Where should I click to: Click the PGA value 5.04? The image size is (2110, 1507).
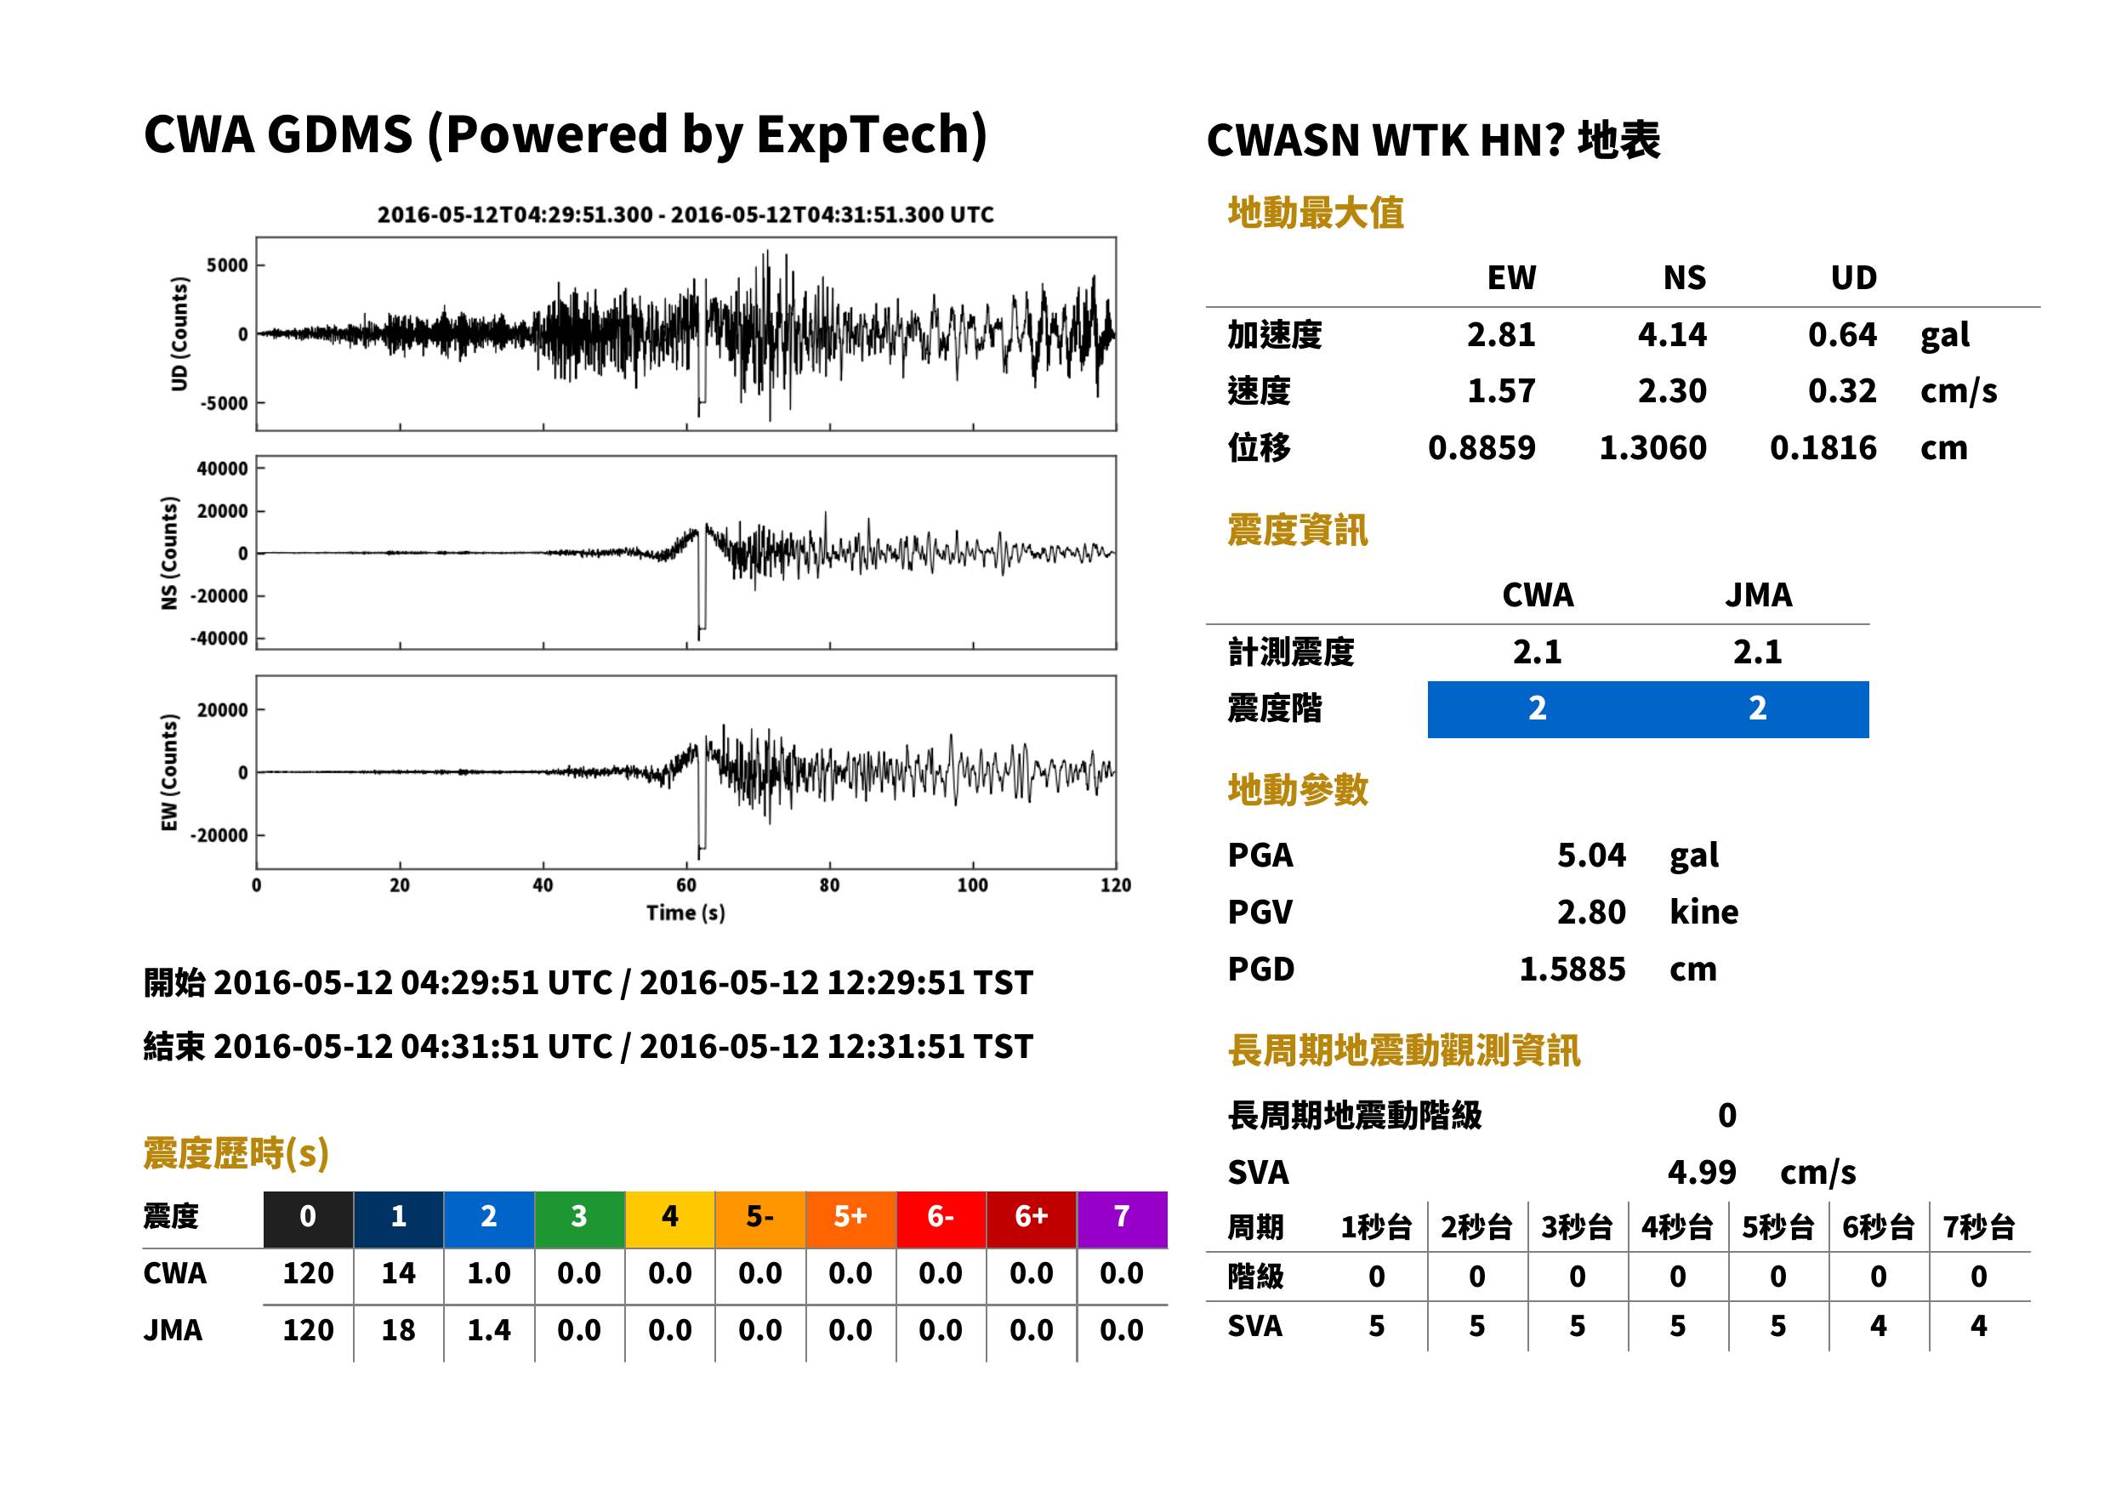click(x=1590, y=855)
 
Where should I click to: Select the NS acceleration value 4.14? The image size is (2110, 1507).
click(x=1671, y=334)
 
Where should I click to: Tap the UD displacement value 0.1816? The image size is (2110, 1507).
click(x=1823, y=447)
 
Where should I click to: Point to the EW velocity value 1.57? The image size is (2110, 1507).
click(x=1500, y=390)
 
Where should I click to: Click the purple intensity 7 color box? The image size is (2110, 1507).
click(x=1122, y=1219)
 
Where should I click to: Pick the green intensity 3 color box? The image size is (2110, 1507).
click(x=579, y=1219)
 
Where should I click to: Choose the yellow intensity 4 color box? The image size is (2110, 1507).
click(x=670, y=1219)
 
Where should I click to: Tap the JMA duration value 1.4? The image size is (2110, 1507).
click(x=489, y=1330)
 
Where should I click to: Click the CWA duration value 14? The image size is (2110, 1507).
click(x=398, y=1273)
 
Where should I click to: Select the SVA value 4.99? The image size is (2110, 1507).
click(x=1701, y=1172)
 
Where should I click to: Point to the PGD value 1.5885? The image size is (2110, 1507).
click(x=1572, y=969)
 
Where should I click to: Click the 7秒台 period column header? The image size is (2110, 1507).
click(x=1978, y=1226)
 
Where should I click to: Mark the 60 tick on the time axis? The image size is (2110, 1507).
click(x=685, y=884)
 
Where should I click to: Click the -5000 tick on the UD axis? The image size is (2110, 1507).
click(x=225, y=403)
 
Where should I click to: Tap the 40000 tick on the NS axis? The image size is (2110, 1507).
click(x=222, y=469)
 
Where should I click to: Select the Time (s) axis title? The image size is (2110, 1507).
click(x=685, y=913)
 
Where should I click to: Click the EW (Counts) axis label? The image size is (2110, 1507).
click(x=169, y=772)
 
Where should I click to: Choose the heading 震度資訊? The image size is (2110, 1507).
click(x=1297, y=530)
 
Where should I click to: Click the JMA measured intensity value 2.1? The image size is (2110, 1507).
click(x=1757, y=651)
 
